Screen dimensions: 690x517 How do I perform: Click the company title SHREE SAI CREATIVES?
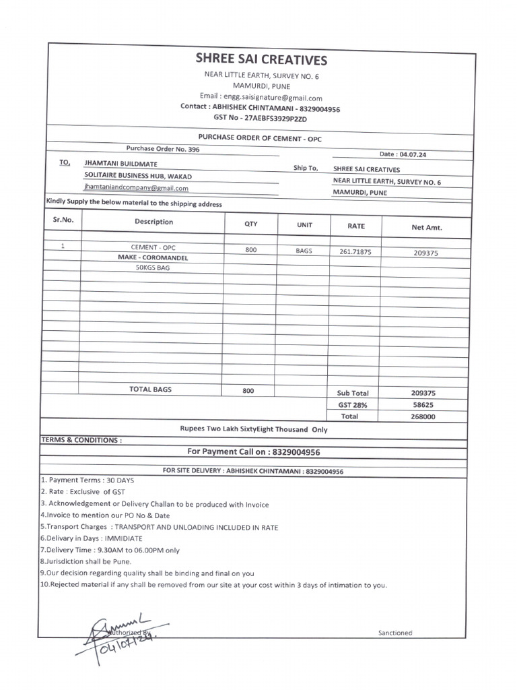(261, 60)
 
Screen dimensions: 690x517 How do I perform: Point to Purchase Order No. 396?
(162, 148)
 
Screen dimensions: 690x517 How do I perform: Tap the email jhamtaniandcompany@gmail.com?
(136, 189)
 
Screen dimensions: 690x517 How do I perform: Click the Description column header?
(153, 222)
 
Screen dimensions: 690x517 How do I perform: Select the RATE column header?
(355, 226)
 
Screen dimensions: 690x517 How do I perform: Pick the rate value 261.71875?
(355, 251)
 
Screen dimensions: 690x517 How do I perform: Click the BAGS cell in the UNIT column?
(304, 250)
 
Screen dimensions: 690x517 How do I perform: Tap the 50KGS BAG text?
(153, 267)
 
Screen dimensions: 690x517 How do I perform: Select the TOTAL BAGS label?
(150, 389)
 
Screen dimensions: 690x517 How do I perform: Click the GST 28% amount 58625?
(423, 405)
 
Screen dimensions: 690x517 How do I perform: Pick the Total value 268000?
(423, 416)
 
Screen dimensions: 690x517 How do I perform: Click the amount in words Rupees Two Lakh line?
(253, 429)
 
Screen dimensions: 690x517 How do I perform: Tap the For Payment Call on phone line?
(248, 451)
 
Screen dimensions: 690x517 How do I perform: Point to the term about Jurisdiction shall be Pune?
(85, 561)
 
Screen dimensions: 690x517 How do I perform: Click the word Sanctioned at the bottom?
(394, 633)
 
